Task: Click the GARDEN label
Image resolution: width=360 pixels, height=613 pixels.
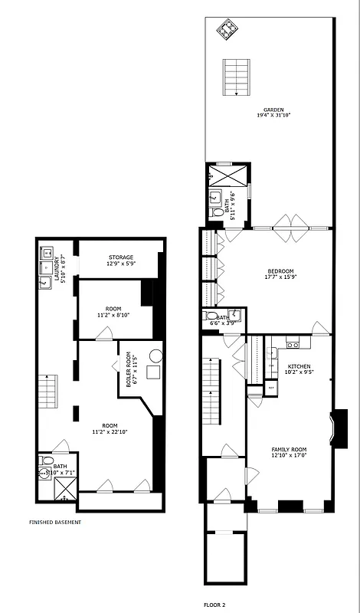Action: coord(273,110)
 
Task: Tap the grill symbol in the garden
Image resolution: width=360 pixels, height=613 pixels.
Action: coord(227,30)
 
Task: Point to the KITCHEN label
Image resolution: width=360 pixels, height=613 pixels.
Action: coord(299,366)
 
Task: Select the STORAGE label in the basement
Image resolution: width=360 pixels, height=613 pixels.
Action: coord(120,257)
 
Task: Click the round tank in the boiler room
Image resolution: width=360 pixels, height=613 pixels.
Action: coord(155,356)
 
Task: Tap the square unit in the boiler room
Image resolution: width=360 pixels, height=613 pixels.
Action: coord(153,373)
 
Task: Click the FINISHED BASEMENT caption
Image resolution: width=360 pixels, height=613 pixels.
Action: coord(55,522)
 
